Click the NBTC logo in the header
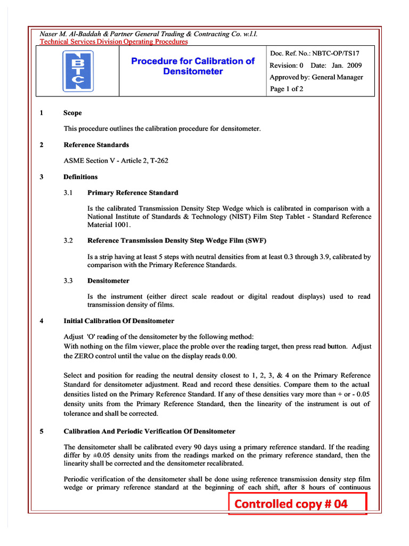point(78,70)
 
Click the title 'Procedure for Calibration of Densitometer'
point(193,66)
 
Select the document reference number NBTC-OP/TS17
point(337,53)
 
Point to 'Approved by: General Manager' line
point(316,77)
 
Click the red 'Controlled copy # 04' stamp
point(298,504)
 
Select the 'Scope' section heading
point(72,113)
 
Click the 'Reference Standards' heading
point(96,145)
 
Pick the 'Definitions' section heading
point(80,177)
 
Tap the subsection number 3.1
point(68,192)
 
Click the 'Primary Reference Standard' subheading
point(133,192)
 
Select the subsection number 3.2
point(68,241)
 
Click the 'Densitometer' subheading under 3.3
point(108,281)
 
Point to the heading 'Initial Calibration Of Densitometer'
point(119,321)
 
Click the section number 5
point(42,431)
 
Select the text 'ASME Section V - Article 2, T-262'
point(116,160)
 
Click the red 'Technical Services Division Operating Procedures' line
point(114,42)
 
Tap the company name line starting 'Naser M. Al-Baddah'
point(149,34)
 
